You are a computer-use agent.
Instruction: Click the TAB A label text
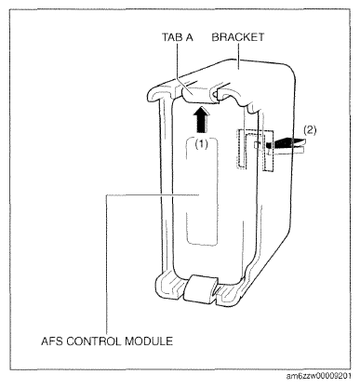(178, 37)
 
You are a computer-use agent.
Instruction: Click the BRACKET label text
(238, 37)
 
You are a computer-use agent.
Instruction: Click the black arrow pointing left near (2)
(285, 143)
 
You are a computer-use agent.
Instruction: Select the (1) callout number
(201, 143)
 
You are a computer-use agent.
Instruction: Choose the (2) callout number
(310, 130)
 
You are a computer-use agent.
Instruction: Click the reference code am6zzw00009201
(319, 376)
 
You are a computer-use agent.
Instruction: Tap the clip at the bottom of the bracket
(200, 288)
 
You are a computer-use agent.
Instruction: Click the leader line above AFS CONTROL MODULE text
(107, 264)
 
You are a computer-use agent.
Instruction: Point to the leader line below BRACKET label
(238, 55)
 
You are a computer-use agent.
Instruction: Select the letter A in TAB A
(189, 37)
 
